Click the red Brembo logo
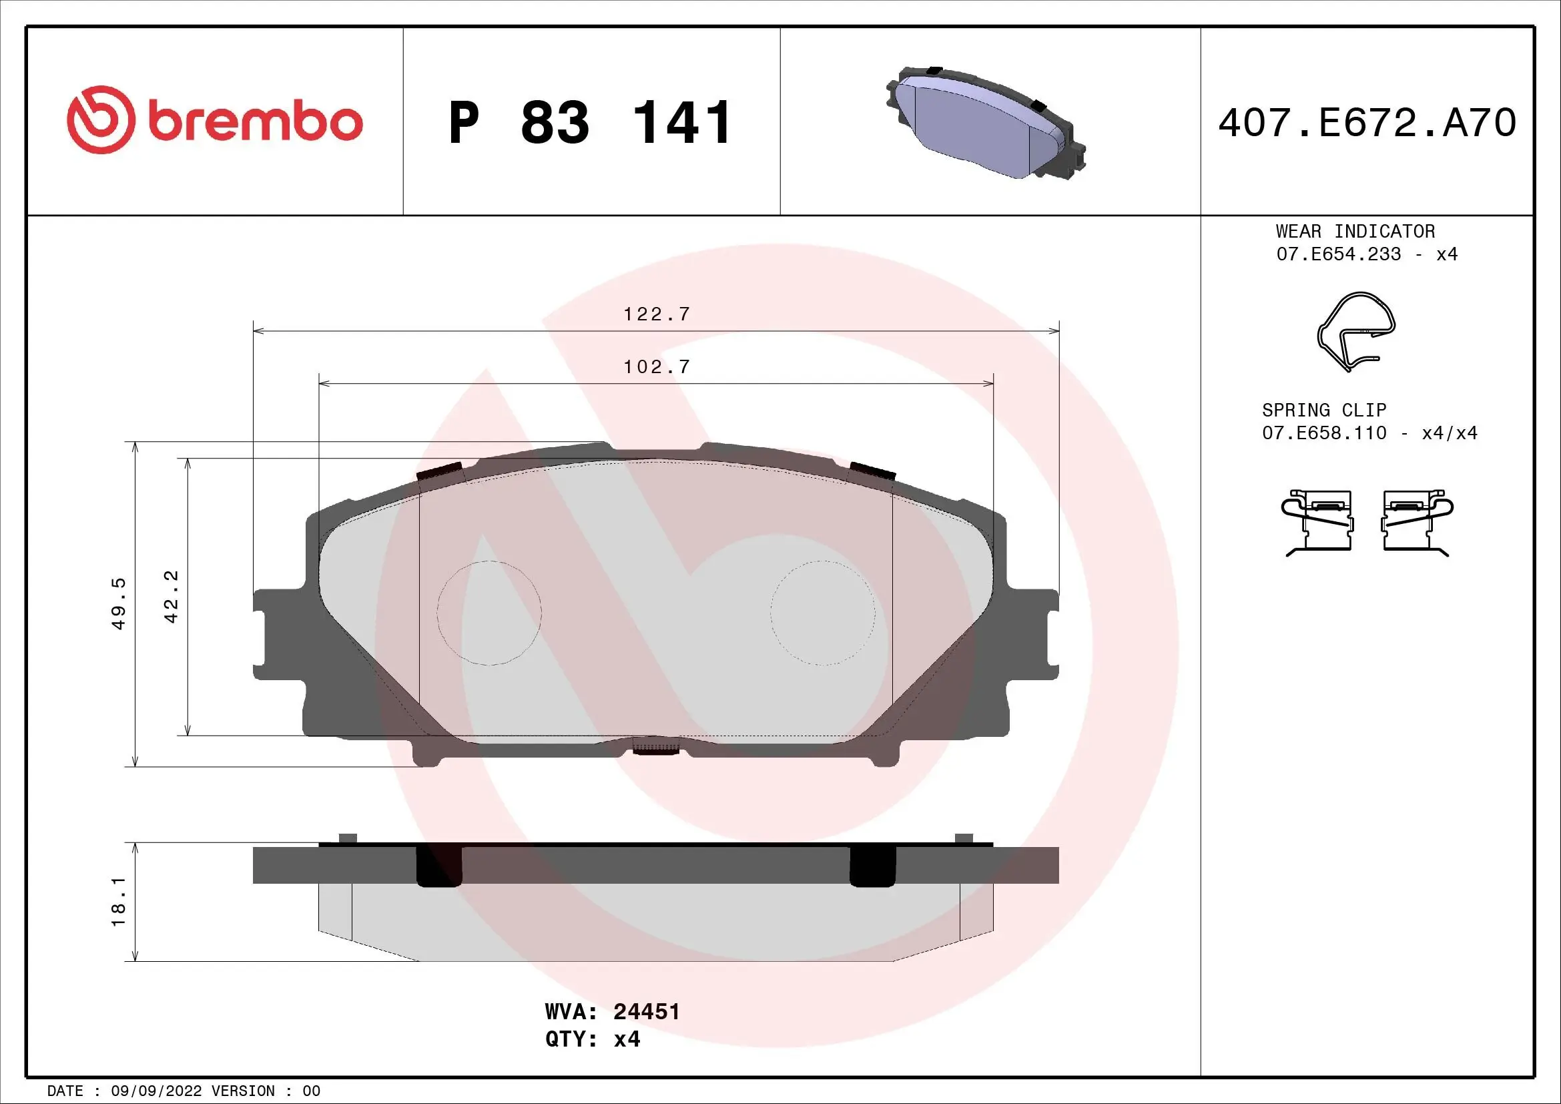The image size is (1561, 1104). coord(215,120)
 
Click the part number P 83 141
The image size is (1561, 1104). coord(590,123)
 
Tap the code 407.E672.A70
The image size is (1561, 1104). coord(1367,123)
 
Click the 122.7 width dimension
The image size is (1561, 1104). coord(656,314)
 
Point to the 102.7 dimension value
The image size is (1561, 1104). coord(656,367)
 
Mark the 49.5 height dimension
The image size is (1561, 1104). coord(119,603)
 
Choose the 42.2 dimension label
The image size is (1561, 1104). coord(172,597)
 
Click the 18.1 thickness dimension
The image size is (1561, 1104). coord(119,901)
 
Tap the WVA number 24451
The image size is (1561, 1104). coord(646,1011)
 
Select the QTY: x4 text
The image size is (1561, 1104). coord(592,1039)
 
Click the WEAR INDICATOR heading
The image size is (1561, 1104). coord(1355,231)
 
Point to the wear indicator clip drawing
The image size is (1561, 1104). coord(1355,332)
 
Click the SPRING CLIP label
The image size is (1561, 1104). coord(1323,410)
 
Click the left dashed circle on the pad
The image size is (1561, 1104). coord(489,613)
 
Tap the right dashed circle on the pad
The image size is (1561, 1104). coord(823,613)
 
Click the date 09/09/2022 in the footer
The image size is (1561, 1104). coord(156,1091)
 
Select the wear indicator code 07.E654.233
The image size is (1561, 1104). coord(1338,254)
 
